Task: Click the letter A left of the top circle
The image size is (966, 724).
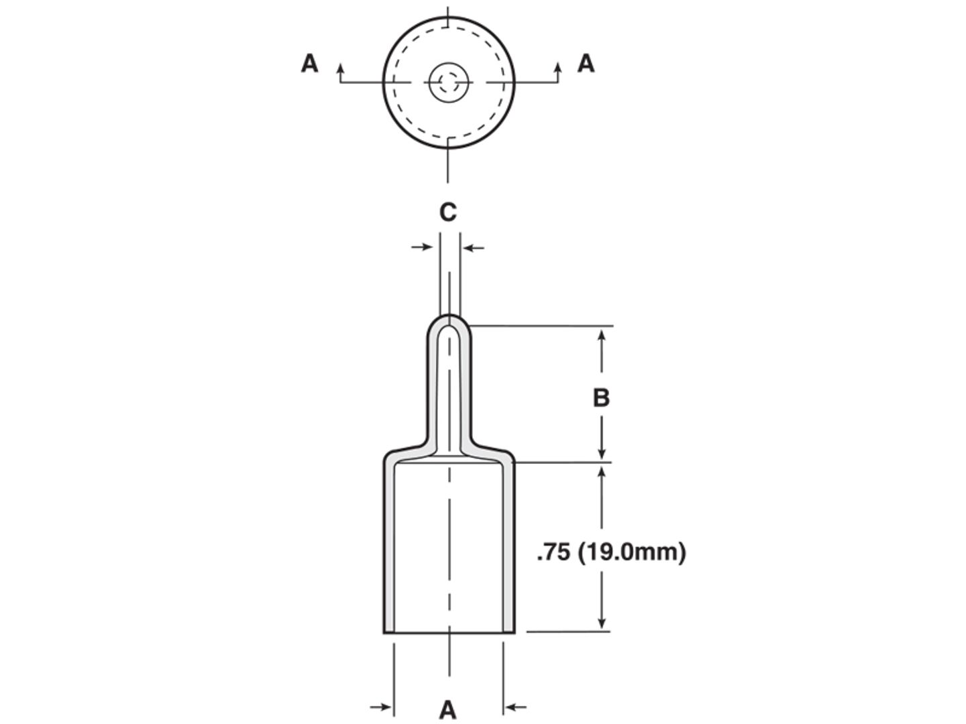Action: coord(309,64)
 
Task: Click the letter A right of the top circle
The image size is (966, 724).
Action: coord(586,64)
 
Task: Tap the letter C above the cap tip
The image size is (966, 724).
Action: coord(448,213)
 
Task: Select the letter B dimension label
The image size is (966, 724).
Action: coord(601,398)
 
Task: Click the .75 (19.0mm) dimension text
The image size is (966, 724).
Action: coord(611,552)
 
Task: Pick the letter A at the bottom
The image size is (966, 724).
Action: coord(447,710)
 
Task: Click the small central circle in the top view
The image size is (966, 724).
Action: coord(449,82)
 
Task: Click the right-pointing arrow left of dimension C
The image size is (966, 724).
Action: coord(421,247)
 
